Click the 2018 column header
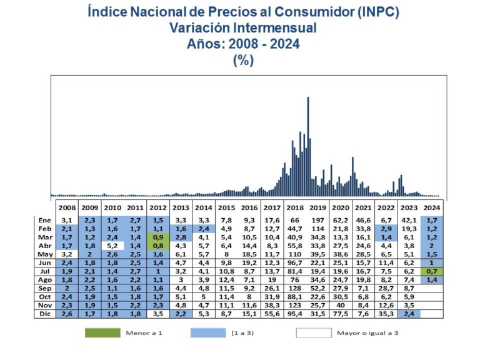(294, 207)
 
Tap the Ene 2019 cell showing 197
(317, 220)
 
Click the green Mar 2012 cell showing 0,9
(157, 237)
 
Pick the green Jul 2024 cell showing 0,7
(431, 271)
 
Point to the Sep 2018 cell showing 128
(294, 288)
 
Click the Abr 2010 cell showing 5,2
(112, 246)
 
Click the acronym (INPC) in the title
(368, 12)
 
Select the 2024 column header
(431, 207)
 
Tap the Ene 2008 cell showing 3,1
(67, 220)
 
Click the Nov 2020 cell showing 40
(341, 305)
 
